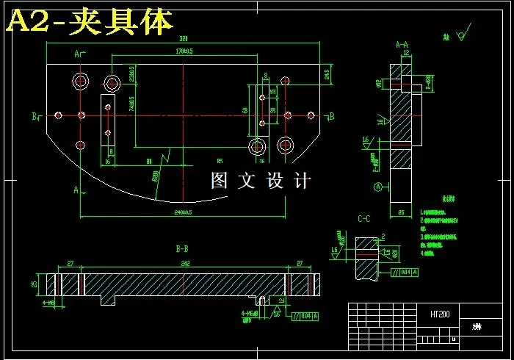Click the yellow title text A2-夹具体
90,22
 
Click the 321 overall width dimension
184,38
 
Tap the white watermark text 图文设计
261,181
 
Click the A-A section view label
402,45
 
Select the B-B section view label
183,249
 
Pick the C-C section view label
363,218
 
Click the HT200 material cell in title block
440,314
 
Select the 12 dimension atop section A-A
405,54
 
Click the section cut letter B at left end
34,116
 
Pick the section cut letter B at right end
332,116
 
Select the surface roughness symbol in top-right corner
462,35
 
